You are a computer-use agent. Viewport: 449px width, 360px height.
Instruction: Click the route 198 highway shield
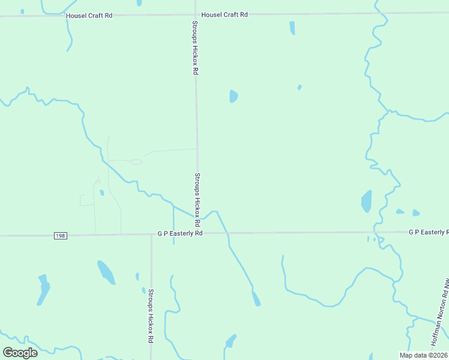[x=59, y=236]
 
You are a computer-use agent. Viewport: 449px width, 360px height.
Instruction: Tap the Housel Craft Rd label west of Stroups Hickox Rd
[x=89, y=15]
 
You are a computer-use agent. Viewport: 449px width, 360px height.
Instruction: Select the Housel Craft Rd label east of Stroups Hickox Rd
[x=224, y=14]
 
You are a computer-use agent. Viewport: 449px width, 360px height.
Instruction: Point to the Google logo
[x=20, y=352]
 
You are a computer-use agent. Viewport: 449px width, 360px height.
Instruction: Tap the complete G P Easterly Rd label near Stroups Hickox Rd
[x=180, y=233]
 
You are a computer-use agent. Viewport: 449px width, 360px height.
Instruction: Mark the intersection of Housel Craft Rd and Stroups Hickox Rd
[x=196, y=15]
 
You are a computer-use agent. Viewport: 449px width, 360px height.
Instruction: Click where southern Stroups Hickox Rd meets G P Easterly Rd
[x=151, y=235]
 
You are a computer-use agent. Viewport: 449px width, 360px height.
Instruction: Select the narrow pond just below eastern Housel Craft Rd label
[x=292, y=28]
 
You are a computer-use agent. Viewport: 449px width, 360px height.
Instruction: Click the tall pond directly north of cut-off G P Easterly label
[x=366, y=202]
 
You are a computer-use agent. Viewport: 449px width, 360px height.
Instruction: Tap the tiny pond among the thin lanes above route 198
[x=102, y=193]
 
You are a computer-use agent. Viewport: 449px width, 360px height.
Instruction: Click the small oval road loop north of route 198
[x=136, y=162]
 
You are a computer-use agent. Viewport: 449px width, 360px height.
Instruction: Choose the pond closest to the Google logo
[x=43, y=289]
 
